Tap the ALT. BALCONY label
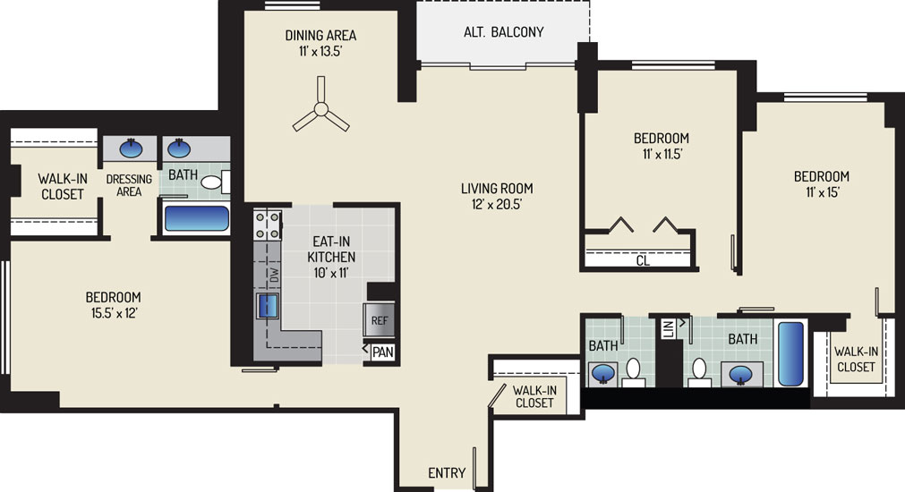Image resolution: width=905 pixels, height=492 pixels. tap(504, 31)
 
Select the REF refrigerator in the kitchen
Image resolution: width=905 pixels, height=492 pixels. tap(380, 320)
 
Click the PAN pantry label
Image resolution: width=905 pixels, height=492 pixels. tap(383, 352)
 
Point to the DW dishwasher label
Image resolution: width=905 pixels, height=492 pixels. tap(275, 276)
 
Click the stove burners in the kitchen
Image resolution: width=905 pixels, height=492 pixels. tap(268, 225)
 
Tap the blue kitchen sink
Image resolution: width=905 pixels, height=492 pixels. tap(268, 306)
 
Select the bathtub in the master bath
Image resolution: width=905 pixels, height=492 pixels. tap(197, 218)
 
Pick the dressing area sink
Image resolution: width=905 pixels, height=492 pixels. tap(131, 148)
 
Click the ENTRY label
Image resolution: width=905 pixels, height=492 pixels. tap(447, 473)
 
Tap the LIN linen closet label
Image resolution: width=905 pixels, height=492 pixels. tap(669, 329)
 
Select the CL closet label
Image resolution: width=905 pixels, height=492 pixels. tap(643, 260)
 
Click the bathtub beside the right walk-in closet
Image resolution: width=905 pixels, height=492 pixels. tap(790, 353)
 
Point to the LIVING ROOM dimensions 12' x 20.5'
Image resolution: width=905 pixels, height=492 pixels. tap(497, 204)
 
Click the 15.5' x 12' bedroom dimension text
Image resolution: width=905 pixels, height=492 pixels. tap(114, 313)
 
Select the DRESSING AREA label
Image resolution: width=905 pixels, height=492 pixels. tap(129, 185)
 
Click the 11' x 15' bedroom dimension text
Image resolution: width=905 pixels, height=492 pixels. tap(823, 192)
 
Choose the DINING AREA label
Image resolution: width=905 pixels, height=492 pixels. tap(320, 35)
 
